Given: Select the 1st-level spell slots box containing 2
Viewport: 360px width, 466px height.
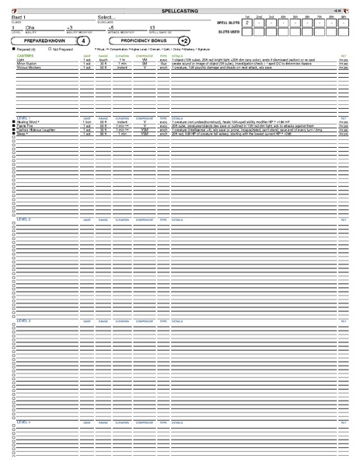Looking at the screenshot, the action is click(x=246, y=23).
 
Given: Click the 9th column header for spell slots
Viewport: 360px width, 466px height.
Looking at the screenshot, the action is click(x=342, y=16).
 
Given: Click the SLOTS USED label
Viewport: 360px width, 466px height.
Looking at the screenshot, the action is click(x=228, y=33).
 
